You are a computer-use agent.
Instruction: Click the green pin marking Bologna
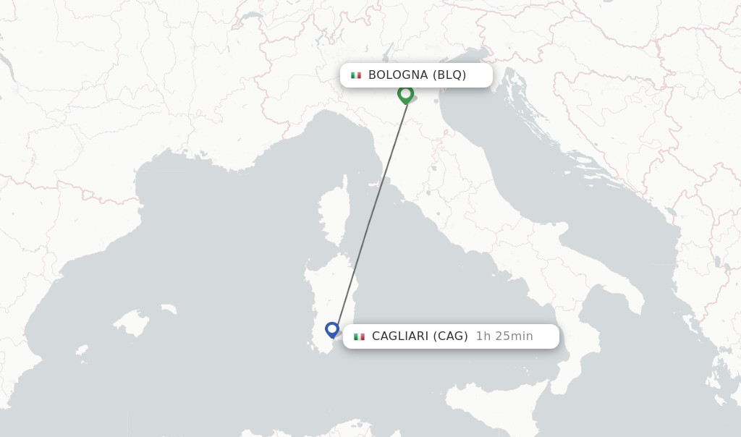tap(405, 94)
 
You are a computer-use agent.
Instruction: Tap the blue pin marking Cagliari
tap(332, 330)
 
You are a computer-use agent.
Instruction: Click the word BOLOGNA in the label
tap(398, 75)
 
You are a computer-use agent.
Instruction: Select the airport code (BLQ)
tap(449, 75)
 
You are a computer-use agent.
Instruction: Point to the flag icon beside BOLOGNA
tap(356, 75)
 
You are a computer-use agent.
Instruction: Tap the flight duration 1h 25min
tap(504, 336)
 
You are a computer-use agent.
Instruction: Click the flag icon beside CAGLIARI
tap(359, 336)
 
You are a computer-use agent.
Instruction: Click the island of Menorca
tap(169, 309)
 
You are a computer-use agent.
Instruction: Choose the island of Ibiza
tap(82, 352)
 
